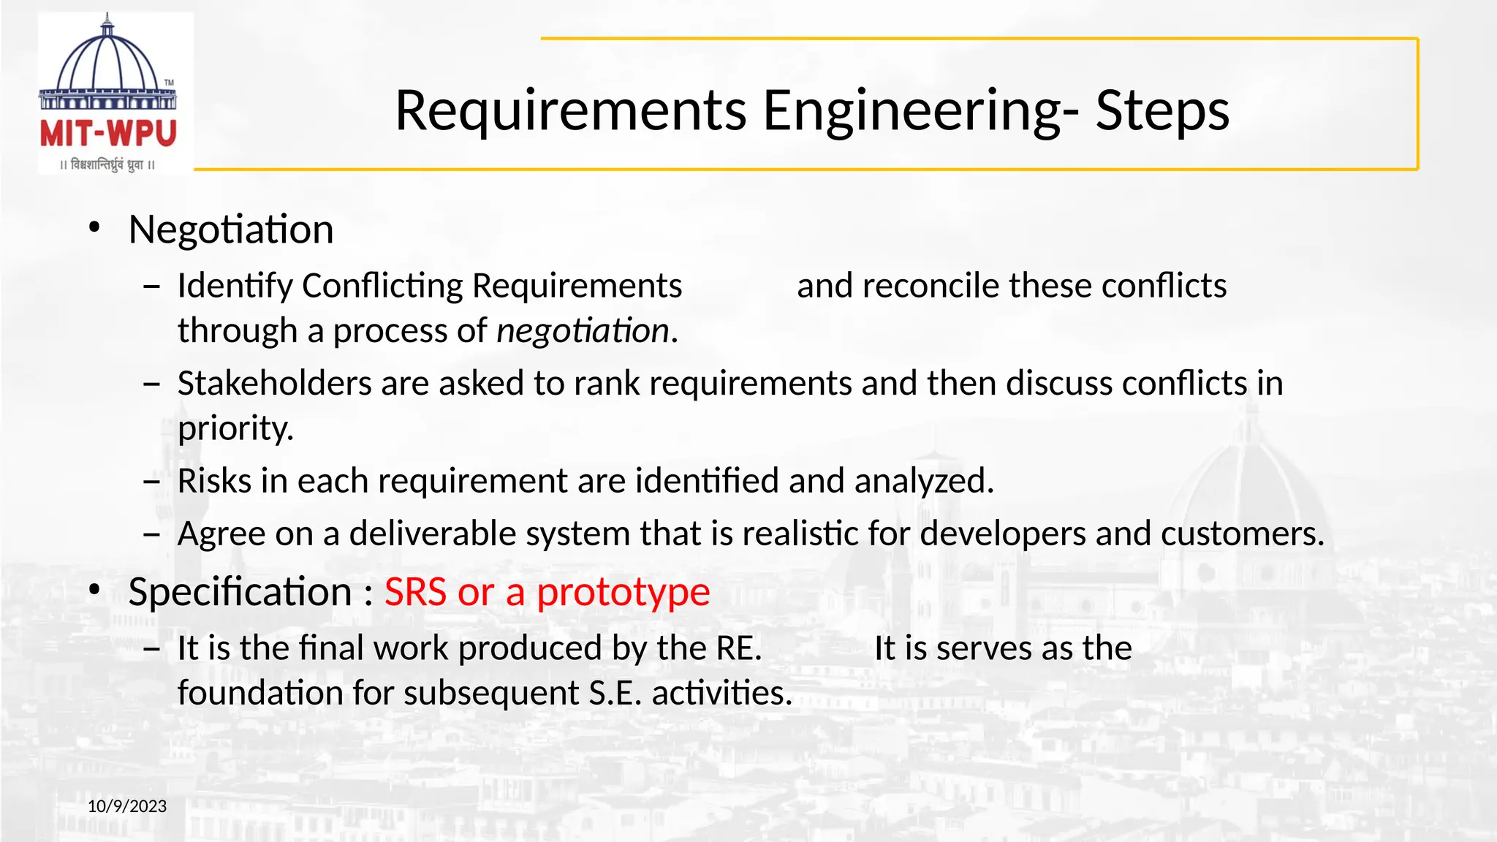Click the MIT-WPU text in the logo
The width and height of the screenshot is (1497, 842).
coord(108,134)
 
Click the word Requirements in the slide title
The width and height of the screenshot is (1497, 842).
coord(571,110)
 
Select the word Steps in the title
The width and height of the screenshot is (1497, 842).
coord(1162,110)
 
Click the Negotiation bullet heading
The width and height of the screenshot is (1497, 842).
coord(231,230)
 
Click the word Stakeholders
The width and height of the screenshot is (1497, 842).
coord(274,384)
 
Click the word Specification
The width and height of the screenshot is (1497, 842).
coord(240,591)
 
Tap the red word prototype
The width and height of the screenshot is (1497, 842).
coord(623,592)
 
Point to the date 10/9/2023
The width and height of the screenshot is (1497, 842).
coord(127,806)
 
